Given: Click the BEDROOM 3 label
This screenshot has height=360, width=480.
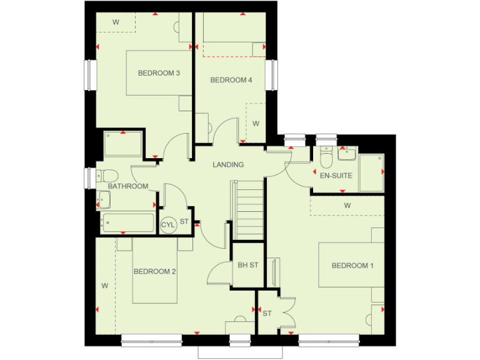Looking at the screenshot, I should [159, 73].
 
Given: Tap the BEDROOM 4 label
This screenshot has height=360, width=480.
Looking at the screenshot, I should [231, 80].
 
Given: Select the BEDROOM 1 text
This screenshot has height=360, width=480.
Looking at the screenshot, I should [352, 266].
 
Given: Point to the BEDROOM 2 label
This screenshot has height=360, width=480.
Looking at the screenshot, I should [154, 271].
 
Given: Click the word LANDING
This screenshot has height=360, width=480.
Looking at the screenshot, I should [228, 165].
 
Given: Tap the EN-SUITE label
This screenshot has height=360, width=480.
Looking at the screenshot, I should [336, 176].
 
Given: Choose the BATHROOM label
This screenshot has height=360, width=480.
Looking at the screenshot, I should [128, 186].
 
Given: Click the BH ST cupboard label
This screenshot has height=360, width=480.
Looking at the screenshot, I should [248, 265].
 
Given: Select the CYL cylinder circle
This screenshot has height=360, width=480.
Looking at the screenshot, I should [168, 224].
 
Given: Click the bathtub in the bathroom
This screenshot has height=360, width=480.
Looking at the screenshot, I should [127, 222].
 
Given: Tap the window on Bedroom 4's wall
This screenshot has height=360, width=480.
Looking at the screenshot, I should [272, 75].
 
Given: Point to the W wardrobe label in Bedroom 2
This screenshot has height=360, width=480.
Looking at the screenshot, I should [105, 286].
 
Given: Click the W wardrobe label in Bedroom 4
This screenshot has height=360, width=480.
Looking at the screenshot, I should [256, 124].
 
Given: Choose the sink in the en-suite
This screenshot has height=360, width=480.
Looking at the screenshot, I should [347, 154].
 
